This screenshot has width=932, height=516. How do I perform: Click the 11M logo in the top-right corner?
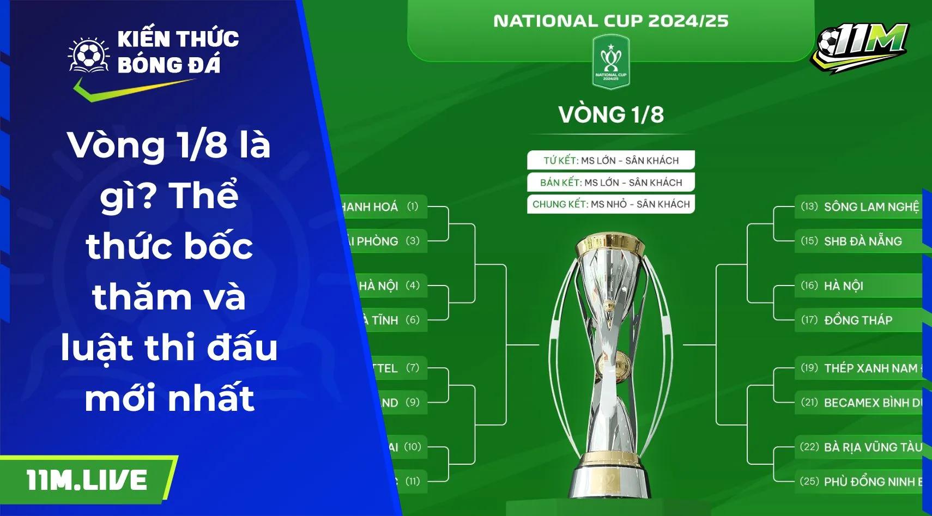click(x=860, y=46)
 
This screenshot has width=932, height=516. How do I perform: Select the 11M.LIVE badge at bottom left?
click(x=87, y=480)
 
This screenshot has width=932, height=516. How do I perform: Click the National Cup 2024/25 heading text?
click(x=610, y=21)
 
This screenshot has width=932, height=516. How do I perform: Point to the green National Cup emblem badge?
click(x=610, y=61)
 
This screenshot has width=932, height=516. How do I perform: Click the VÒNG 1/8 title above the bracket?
click(x=611, y=115)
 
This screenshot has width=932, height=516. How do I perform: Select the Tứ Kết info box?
click(x=611, y=160)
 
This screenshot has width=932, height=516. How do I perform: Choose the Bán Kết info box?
click(x=611, y=182)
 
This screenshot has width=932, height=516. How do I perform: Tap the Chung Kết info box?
click(x=611, y=204)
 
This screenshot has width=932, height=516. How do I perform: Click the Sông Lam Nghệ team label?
click(x=871, y=207)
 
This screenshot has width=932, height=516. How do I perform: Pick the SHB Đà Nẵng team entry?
click(x=863, y=241)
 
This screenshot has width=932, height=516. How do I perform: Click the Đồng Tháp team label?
click(x=858, y=320)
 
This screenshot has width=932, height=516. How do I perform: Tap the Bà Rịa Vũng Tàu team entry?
click(x=872, y=447)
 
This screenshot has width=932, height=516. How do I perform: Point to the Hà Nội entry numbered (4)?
click(x=378, y=286)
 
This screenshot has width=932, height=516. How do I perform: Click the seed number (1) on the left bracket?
click(x=413, y=207)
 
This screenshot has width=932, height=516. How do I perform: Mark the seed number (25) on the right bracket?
click(x=809, y=481)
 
